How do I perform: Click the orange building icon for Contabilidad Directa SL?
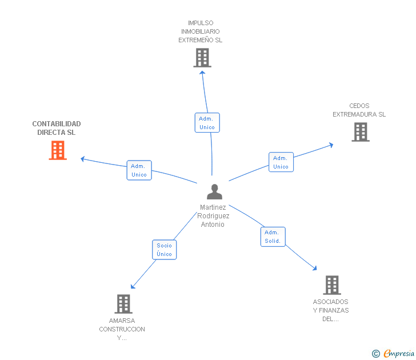[58, 150]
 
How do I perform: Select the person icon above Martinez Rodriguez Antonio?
[214, 192]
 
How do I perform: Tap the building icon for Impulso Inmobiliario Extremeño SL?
[202, 58]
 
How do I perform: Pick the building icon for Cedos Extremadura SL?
[360, 132]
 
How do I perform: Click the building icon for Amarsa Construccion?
[123, 304]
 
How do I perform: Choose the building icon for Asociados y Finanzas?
[331, 285]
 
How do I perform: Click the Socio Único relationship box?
[164, 250]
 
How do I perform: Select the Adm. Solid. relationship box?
[273, 237]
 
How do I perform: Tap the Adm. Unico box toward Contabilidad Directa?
[139, 170]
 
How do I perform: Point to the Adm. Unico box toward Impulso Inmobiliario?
[207, 123]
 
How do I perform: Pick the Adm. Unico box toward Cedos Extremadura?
[281, 162]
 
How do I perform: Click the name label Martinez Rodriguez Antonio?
[213, 216]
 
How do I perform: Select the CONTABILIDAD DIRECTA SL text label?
[57, 128]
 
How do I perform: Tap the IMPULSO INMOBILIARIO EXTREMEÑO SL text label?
[200, 31]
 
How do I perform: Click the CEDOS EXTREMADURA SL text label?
[359, 110]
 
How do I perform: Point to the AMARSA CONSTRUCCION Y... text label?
[122, 329]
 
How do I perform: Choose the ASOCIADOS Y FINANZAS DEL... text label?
[330, 310]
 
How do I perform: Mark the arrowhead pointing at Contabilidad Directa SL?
[83, 158]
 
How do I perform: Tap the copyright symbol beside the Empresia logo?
[375, 354]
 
